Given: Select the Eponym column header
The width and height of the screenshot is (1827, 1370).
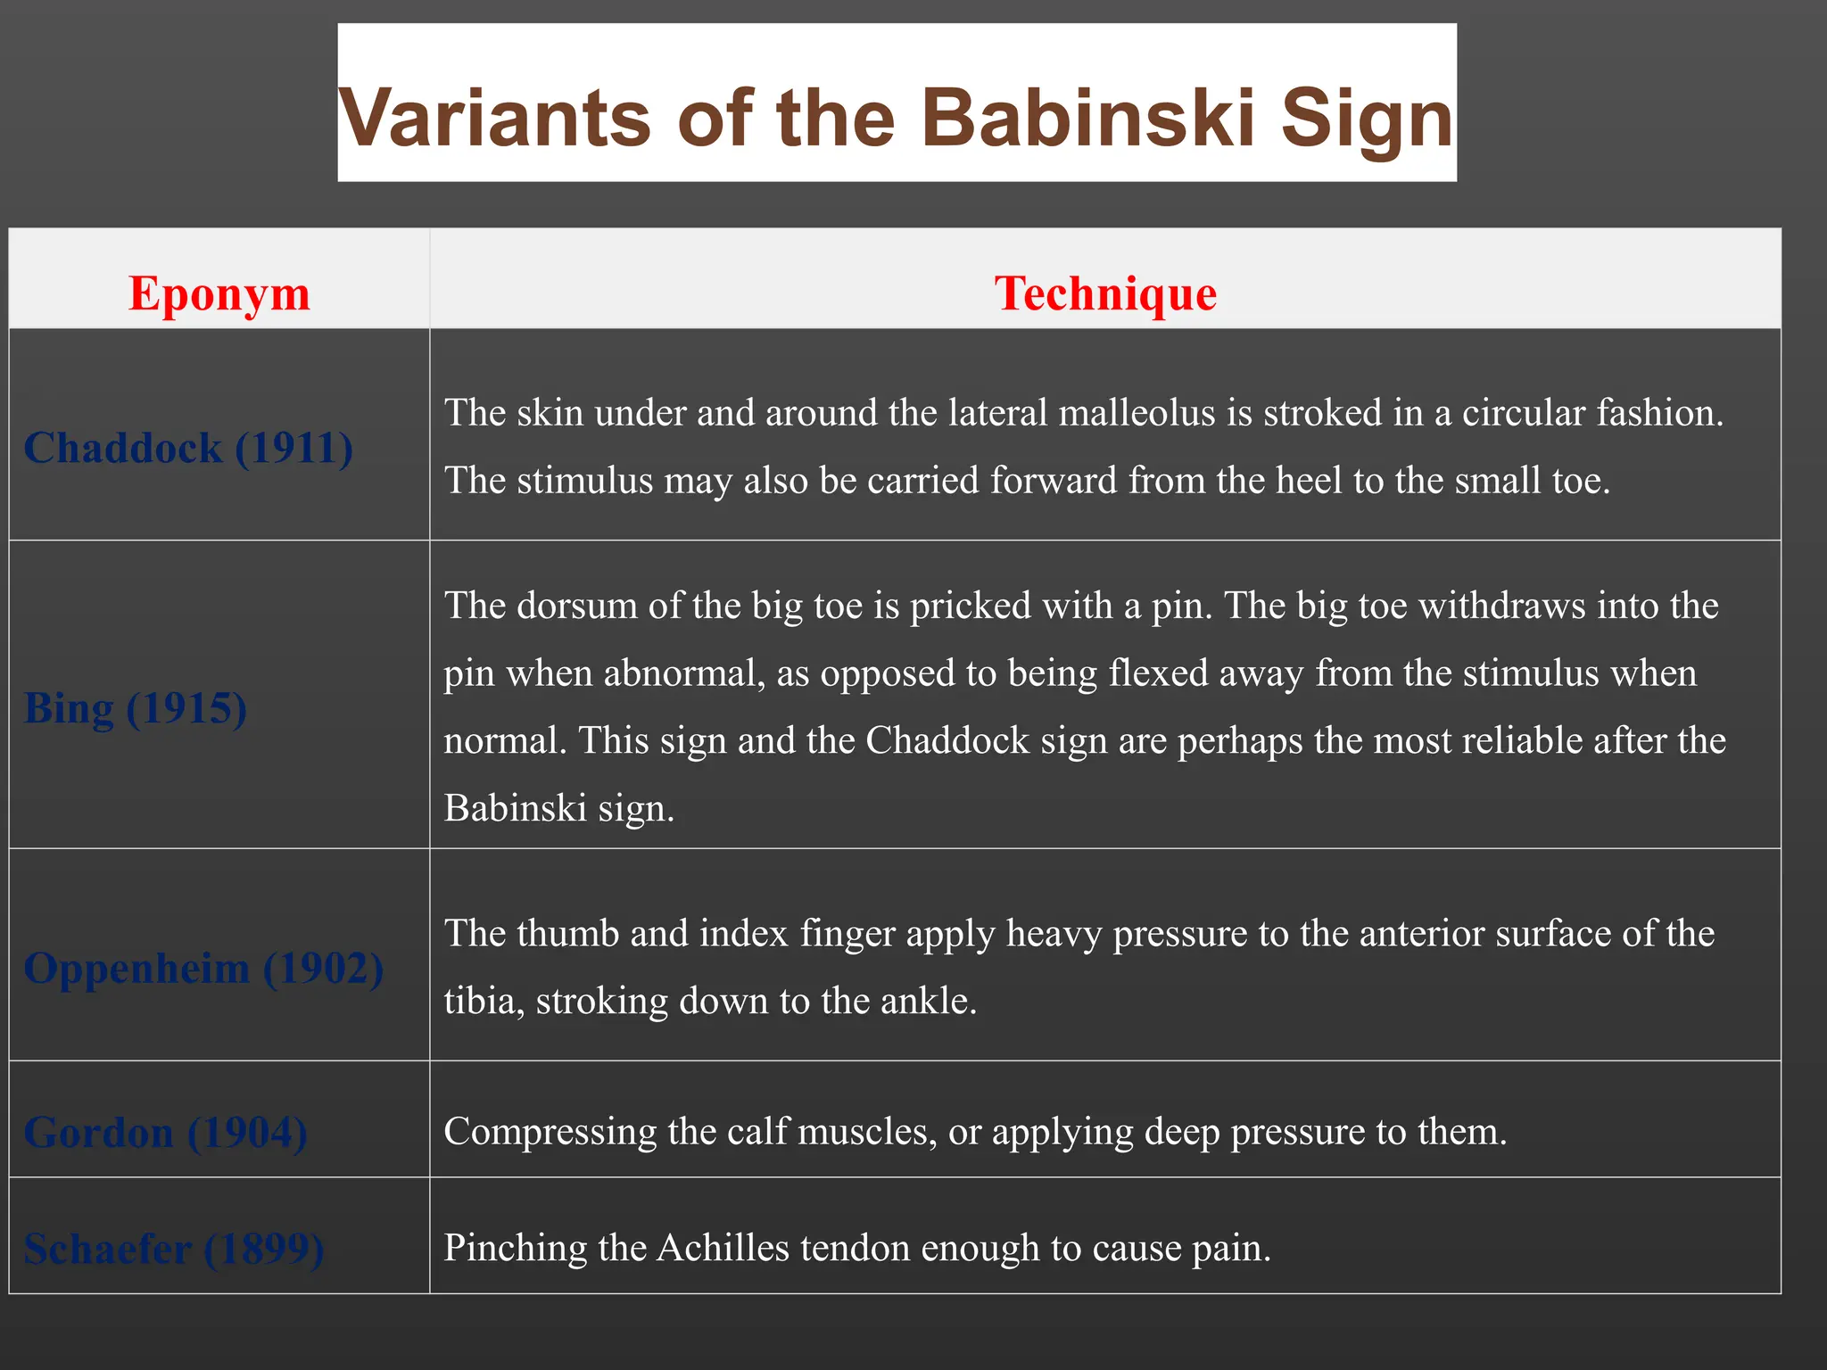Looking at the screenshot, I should click(219, 293).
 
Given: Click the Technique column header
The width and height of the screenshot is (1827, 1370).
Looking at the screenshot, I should click(1105, 293).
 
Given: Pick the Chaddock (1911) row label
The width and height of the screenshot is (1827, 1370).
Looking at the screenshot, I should click(188, 448).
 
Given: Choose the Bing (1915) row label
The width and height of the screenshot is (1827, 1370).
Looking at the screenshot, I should click(136, 708).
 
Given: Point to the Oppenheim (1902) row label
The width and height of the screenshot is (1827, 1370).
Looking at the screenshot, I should click(203, 968).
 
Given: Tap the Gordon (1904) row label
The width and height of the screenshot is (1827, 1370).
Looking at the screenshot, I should click(166, 1133).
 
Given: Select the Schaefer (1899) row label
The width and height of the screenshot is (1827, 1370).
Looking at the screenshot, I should click(174, 1249).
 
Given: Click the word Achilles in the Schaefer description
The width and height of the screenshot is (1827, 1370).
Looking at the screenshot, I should click(723, 1248).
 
